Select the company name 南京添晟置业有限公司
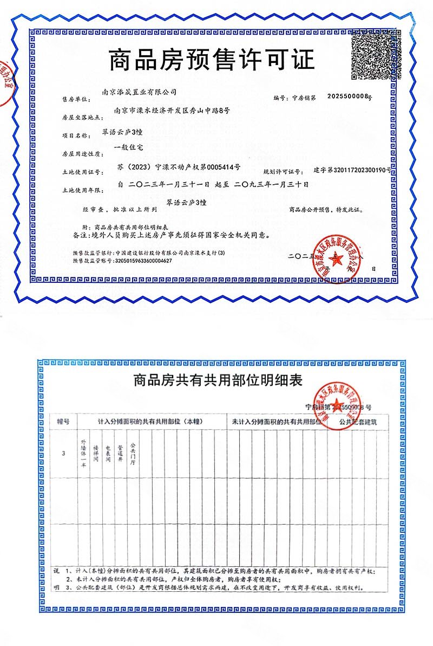point(139,93)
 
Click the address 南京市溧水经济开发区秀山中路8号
point(172,110)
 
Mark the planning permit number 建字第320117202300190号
point(352,170)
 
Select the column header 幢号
point(63,421)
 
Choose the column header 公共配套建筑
point(357,421)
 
